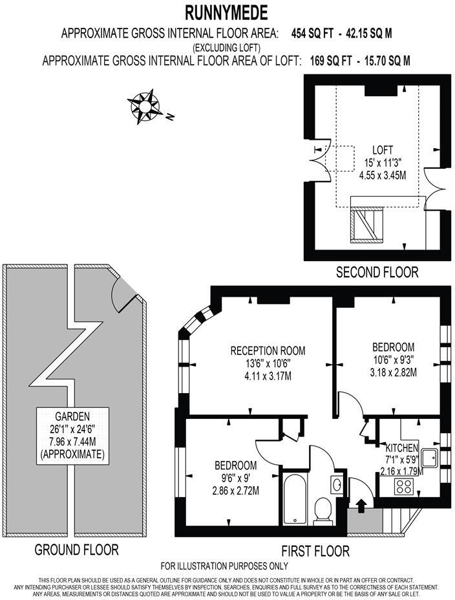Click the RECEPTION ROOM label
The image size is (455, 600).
[x=268, y=350]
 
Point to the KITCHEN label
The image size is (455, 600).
[x=401, y=448]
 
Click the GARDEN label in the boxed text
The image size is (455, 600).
[x=72, y=416]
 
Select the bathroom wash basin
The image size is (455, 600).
[x=337, y=484]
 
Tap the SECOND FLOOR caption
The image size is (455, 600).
[x=376, y=272]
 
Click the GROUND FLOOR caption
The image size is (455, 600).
[x=76, y=550]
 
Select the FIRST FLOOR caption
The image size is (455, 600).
[x=315, y=551]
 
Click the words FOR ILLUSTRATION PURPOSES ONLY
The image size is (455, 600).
[x=224, y=566]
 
